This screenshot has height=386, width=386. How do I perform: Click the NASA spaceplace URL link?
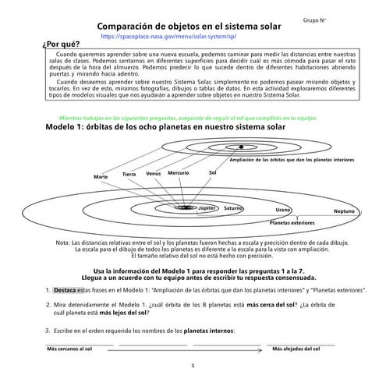168,36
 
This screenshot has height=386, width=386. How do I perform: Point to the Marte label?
101,177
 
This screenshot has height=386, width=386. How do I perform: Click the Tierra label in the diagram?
129,174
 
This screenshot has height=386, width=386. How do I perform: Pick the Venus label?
154,173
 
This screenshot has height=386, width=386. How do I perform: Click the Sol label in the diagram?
212,172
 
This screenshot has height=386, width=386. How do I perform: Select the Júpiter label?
207,209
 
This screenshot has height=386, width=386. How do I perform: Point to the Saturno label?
233,209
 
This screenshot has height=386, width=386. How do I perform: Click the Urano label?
283,211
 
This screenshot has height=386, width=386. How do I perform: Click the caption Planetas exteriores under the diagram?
292,223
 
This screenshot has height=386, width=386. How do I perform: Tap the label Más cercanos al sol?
70,350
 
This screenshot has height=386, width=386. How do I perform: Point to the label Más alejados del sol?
295,350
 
